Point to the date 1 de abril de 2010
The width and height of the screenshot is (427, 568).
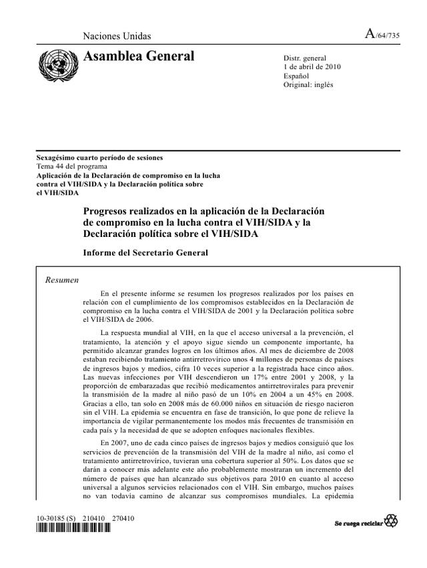pyautogui.click(x=312, y=67)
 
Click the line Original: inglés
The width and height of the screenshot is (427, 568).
pyautogui.click(x=308, y=85)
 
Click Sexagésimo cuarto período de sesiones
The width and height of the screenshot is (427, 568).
pyautogui.click(x=99, y=158)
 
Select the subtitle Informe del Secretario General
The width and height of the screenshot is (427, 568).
pyautogui.click(x=145, y=253)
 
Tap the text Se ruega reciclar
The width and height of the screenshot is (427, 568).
pyautogui.click(x=358, y=522)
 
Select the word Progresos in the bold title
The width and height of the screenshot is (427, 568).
pyautogui.click(x=109, y=211)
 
